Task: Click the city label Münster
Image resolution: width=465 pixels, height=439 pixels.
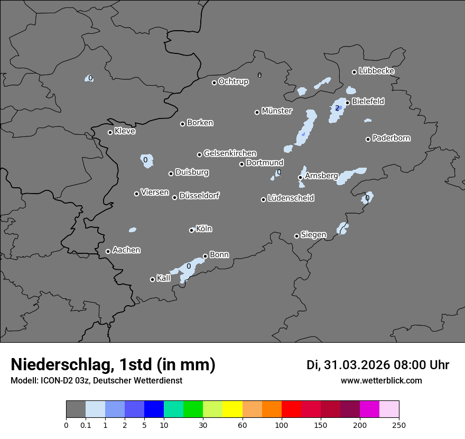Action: [x=277, y=111]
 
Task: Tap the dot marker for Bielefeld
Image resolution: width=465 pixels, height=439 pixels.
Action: [x=348, y=103]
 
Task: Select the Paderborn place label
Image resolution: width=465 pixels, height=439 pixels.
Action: [x=392, y=138]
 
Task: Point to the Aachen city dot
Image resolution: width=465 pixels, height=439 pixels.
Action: [x=108, y=251]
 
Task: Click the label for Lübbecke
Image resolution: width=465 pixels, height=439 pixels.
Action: [x=377, y=71]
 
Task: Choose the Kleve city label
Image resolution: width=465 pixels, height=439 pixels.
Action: [x=125, y=131]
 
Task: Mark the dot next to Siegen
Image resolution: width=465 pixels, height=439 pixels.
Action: [x=297, y=236]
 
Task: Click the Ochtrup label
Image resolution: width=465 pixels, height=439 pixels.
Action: [x=234, y=82]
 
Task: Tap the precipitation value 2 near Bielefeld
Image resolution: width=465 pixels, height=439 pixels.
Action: [x=337, y=108]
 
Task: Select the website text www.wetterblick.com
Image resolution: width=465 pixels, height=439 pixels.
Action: [x=382, y=381]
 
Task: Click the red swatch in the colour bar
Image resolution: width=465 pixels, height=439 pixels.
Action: [x=291, y=409]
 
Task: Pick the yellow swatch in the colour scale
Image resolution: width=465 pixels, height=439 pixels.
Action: [x=232, y=409]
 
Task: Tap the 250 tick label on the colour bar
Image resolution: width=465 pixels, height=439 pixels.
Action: [x=399, y=424]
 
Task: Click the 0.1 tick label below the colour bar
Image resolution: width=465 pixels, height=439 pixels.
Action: [x=86, y=424]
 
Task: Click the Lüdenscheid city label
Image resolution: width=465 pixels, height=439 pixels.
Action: [x=291, y=198]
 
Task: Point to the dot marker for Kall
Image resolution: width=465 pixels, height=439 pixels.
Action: [x=153, y=279]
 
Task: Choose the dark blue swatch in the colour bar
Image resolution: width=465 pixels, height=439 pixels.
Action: [x=154, y=409]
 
